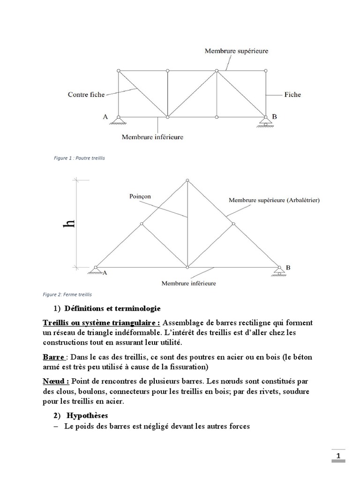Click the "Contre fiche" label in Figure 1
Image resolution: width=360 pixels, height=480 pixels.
[86, 94]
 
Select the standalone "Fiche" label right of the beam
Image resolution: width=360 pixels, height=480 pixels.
[292, 94]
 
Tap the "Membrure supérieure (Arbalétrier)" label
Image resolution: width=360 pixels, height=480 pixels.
[274, 200]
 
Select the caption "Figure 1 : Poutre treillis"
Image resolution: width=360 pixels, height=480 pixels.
[80, 158]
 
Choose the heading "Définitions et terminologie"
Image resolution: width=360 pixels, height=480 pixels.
[112, 308]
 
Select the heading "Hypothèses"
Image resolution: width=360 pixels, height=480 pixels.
[87, 415]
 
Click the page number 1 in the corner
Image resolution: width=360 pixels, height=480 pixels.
[338, 456]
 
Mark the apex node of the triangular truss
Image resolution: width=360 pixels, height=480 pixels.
[187, 180]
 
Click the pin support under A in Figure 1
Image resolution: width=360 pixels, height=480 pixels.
[119, 121]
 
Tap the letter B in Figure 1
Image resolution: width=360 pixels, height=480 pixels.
[275, 117]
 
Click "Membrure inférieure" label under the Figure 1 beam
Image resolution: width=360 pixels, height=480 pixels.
[152, 137]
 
